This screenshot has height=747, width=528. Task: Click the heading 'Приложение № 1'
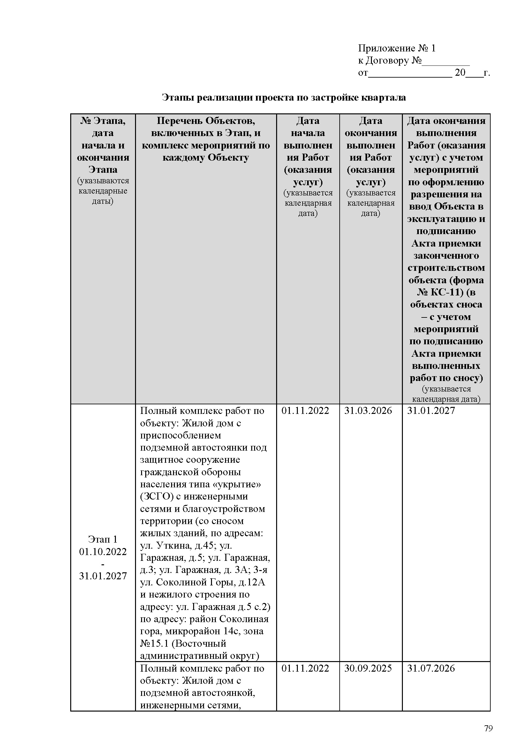[x=397, y=48]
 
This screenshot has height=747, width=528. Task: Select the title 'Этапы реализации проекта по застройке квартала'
[x=284, y=97]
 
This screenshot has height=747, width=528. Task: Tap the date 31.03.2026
[x=368, y=411]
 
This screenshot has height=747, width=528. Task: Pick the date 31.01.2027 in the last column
[x=431, y=411]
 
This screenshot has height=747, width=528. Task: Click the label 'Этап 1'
[x=103, y=539]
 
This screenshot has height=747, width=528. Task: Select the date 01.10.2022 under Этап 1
[x=103, y=552]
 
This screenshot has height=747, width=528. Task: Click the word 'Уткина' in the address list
[x=174, y=545]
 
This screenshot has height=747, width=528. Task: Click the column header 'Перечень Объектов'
[x=206, y=121]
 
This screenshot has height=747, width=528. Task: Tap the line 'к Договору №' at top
[x=390, y=60]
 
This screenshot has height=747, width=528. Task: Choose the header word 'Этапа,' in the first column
[x=109, y=121]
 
